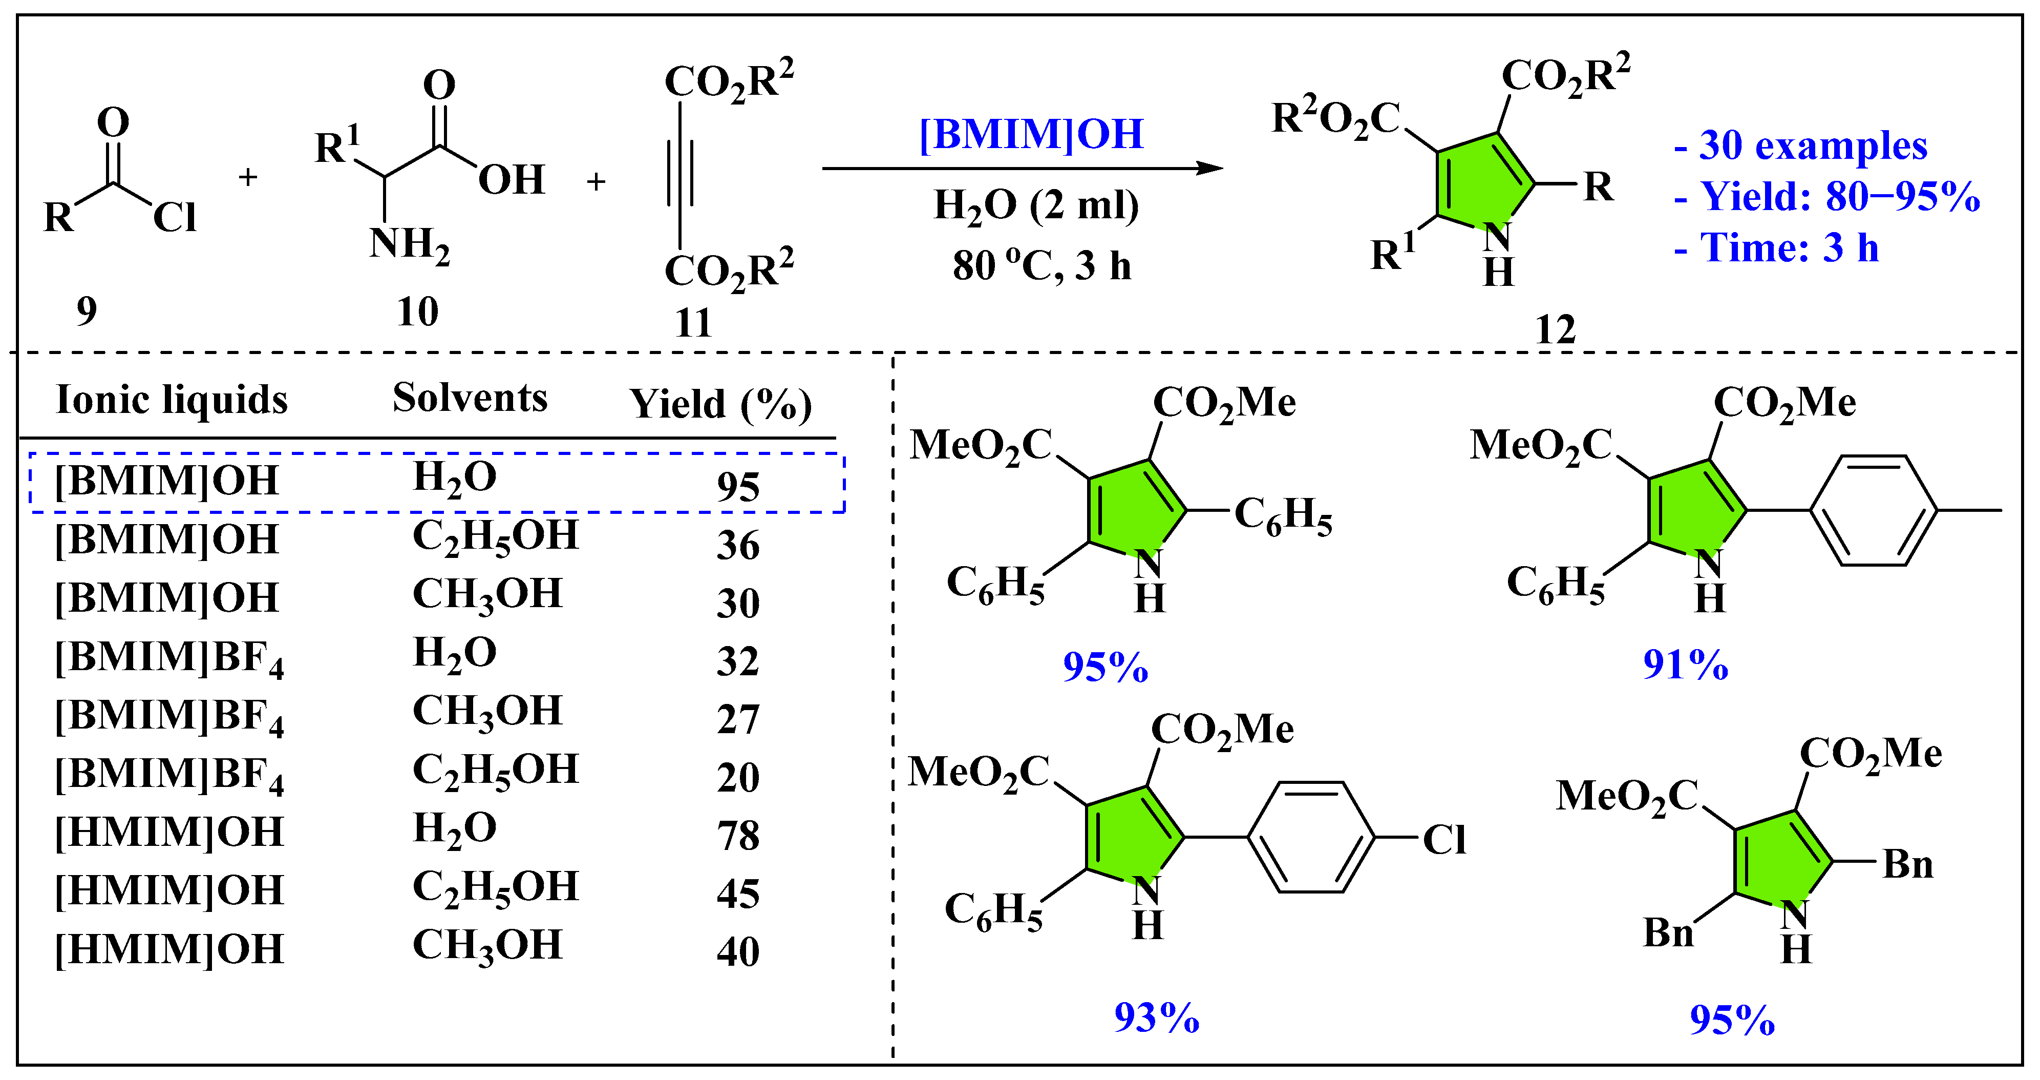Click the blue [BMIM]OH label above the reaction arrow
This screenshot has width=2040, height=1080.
point(1031,135)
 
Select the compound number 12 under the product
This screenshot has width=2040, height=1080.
point(1555,329)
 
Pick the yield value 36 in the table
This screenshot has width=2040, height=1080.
point(738,545)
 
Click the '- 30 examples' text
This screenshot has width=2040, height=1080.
point(1801,146)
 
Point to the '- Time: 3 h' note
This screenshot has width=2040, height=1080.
point(1776,248)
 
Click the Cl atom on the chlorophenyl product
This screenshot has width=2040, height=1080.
point(1443,840)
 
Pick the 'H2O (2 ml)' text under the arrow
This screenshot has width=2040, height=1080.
point(1036,205)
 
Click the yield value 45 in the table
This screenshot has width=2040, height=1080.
point(738,894)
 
